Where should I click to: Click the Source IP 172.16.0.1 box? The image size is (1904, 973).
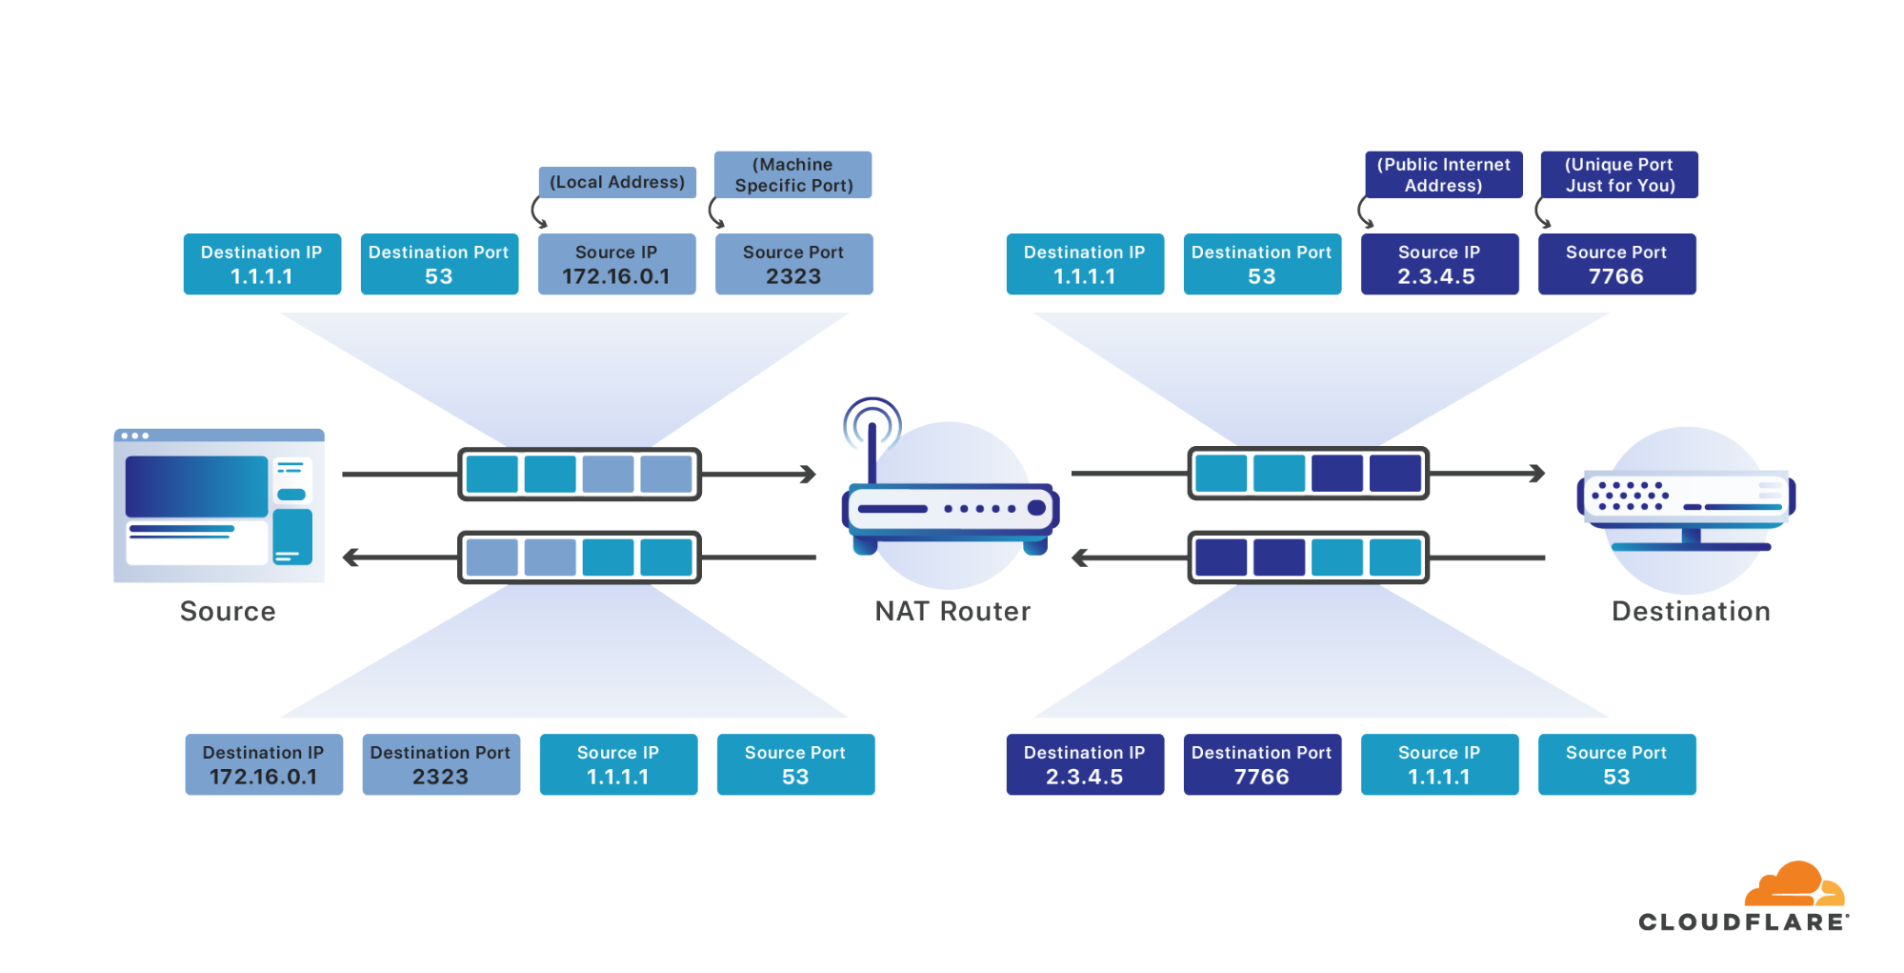(x=616, y=264)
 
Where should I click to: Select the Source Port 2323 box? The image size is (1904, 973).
(x=793, y=264)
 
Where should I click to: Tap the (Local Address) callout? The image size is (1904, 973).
(x=617, y=182)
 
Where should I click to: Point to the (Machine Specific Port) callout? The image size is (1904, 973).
(x=792, y=174)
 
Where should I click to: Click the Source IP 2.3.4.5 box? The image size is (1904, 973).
(x=1439, y=264)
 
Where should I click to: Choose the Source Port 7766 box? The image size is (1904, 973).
(x=1616, y=264)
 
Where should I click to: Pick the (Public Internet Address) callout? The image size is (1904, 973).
(x=1443, y=174)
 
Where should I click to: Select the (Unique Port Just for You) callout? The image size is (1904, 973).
(x=1619, y=174)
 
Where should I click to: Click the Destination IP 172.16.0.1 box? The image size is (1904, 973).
(x=264, y=764)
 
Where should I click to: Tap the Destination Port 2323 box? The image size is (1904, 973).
(x=441, y=764)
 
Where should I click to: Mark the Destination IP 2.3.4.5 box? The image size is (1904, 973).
(x=1085, y=764)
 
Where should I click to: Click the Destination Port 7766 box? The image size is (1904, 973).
(x=1262, y=764)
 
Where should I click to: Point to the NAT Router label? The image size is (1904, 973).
(x=952, y=612)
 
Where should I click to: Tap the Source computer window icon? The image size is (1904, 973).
(x=218, y=505)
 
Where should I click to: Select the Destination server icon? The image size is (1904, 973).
(x=1686, y=505)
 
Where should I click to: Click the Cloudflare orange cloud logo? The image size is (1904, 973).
(x=1794, y=884)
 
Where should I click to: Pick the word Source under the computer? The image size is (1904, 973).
(x=228, y=612)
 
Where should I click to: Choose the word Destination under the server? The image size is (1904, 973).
(x=1692, y=612)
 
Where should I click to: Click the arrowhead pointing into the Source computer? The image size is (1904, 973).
(x=351, y=557)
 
